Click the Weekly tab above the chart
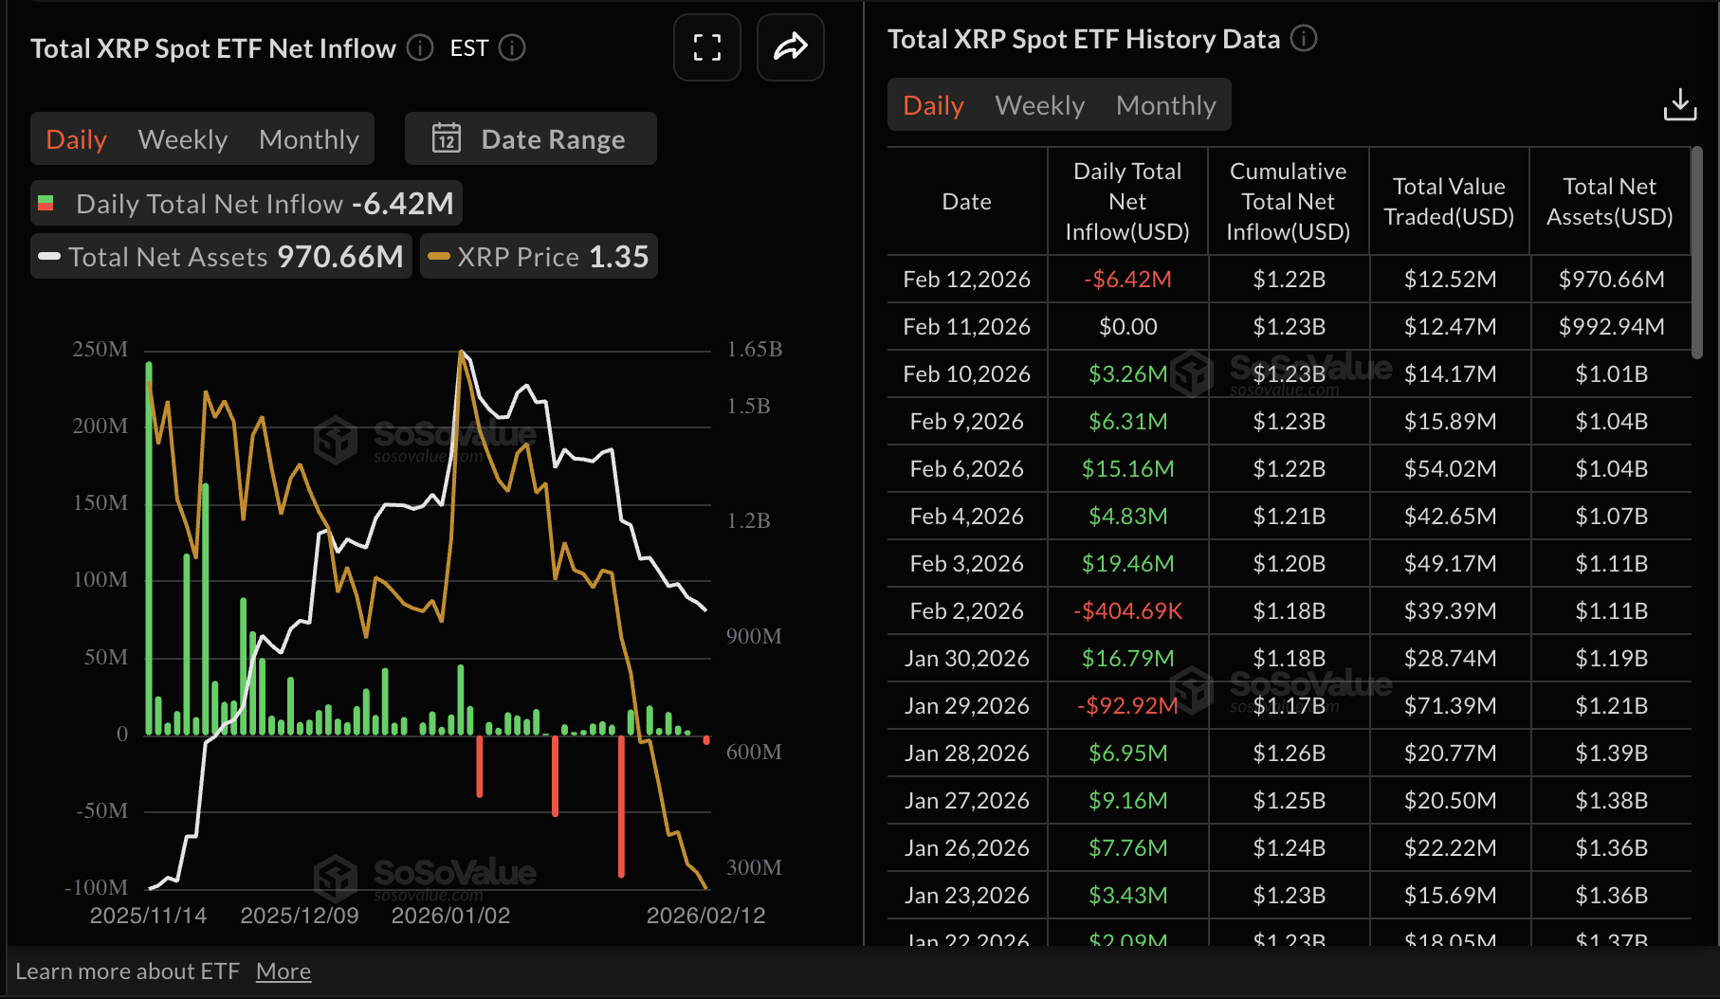click(183, 139)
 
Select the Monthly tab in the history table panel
click(1165, 105)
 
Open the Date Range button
click(530, 139)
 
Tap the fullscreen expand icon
click(706, 47)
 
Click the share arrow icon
click(790, 47)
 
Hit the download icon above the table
click(1679, 104)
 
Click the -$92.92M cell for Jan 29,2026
click(1127, 706)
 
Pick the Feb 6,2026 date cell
click(966, 469)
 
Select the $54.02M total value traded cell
click(1450, 469)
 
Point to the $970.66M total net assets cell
click(1611, 280)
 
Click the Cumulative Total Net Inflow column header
click(1288, 201)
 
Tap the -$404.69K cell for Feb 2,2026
click(1127, 611)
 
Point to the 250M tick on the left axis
click(100, 349)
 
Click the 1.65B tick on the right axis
click(755, 349)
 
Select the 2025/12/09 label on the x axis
click(300, 916)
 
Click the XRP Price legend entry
click(539, 257)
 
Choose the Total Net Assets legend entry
click(221, 257)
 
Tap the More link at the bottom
click(284, 972)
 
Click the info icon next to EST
click(512, 48)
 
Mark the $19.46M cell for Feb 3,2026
click(1127, 564)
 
